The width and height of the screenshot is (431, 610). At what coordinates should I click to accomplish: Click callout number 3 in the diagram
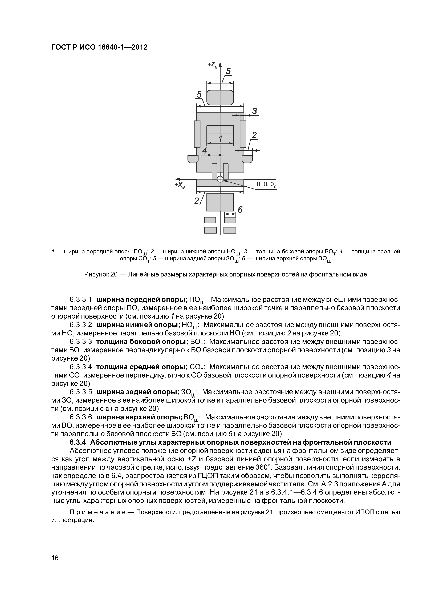click(255, 111)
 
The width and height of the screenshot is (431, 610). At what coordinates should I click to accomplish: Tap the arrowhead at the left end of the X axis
click(178, 179)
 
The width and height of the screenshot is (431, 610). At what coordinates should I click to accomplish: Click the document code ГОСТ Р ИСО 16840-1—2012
click(99, 47)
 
